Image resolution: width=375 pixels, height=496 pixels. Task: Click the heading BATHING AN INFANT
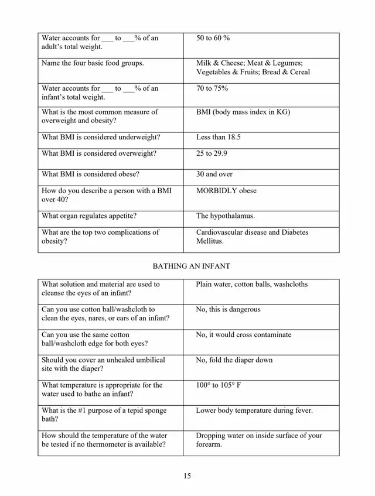point(191,266)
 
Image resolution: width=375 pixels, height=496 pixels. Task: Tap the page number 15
point(187,476)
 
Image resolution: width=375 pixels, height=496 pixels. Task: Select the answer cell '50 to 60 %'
point(213,38)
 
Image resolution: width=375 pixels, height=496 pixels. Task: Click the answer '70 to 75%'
point(212,88)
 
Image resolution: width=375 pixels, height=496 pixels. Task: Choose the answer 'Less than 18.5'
point(219,137)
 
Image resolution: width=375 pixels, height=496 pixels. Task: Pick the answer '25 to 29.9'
point(212,154)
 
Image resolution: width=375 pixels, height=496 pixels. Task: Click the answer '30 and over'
point(214,174)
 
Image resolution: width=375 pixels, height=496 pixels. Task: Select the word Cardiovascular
point(220,232)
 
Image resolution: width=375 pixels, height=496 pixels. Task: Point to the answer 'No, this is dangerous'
point(228,309)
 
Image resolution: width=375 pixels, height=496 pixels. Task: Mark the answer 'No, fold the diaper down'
point(234,360)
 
